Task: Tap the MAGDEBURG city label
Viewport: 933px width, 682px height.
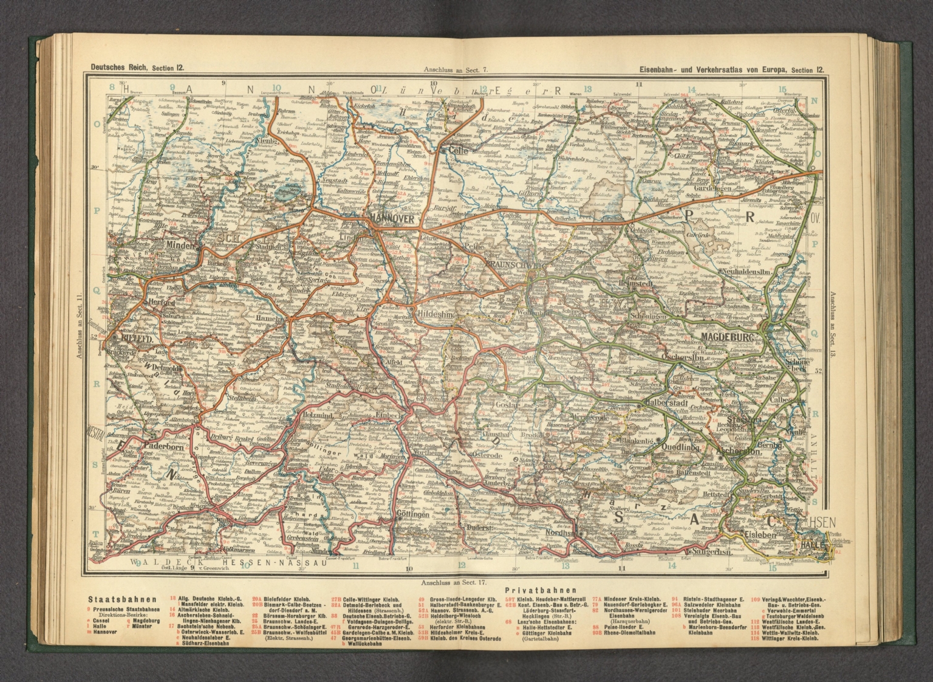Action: click(726, 337)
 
